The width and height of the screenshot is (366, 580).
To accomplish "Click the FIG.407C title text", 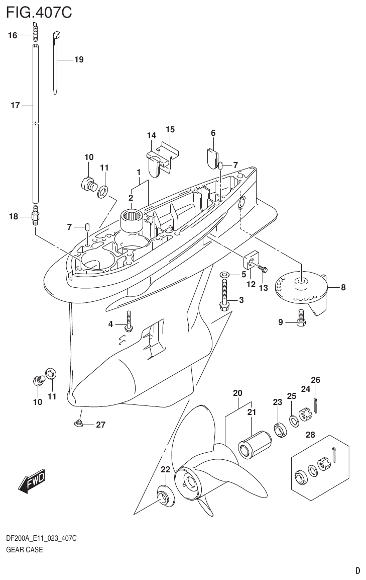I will pos(39,12).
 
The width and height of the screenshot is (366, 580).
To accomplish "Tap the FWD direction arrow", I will pos(32,480).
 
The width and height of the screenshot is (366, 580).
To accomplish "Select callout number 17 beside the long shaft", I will pos(15,105).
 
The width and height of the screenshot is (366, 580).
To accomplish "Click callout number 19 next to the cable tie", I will pos(79,60).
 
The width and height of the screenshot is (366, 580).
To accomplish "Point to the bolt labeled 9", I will pos(301,318).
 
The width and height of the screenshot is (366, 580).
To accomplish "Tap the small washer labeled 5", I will pos(224,274).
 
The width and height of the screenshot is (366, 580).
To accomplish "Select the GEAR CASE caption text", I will pos(24,550).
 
